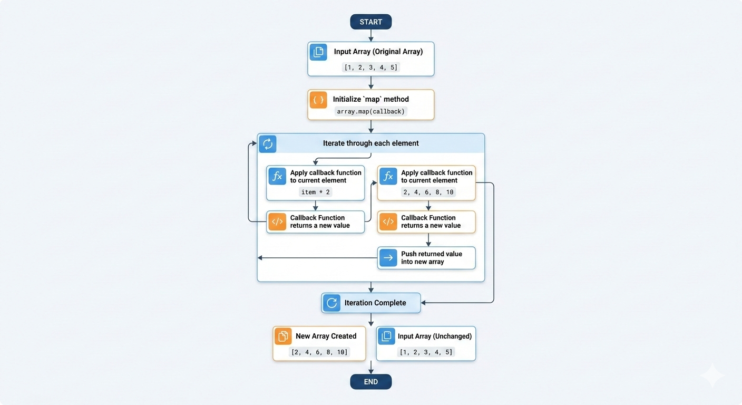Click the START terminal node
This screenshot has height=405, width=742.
pos(370,22)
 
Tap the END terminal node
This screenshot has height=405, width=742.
pos(370,381)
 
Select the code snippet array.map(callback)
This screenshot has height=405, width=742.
pos(370,111)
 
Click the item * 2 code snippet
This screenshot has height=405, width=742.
pos(315,192)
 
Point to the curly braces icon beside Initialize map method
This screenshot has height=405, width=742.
pos(318,100)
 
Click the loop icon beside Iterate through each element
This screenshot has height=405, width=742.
pos(268,144)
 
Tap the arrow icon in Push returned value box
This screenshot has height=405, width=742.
pos(388,258)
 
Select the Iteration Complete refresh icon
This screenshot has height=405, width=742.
pos(331,303)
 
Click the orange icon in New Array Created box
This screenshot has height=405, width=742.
pos(283,336)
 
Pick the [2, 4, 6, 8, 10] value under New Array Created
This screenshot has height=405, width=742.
pos(319,352)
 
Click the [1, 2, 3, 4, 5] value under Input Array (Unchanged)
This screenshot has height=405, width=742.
pos(426,352)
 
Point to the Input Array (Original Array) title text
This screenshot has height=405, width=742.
pos(378,51)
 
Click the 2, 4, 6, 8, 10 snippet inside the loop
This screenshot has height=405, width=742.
pos(428,192)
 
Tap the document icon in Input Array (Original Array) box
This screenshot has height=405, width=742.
pos(318,52)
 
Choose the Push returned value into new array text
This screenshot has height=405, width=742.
pos(432,258)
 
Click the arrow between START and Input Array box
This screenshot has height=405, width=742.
pos(370,35)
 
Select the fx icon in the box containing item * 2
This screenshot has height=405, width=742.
pos(277,176)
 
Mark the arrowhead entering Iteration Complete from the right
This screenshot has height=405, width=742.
pos(423,303)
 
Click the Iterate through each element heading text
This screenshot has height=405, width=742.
pos(370,143)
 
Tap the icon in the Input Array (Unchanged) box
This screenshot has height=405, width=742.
pos(386,336)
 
